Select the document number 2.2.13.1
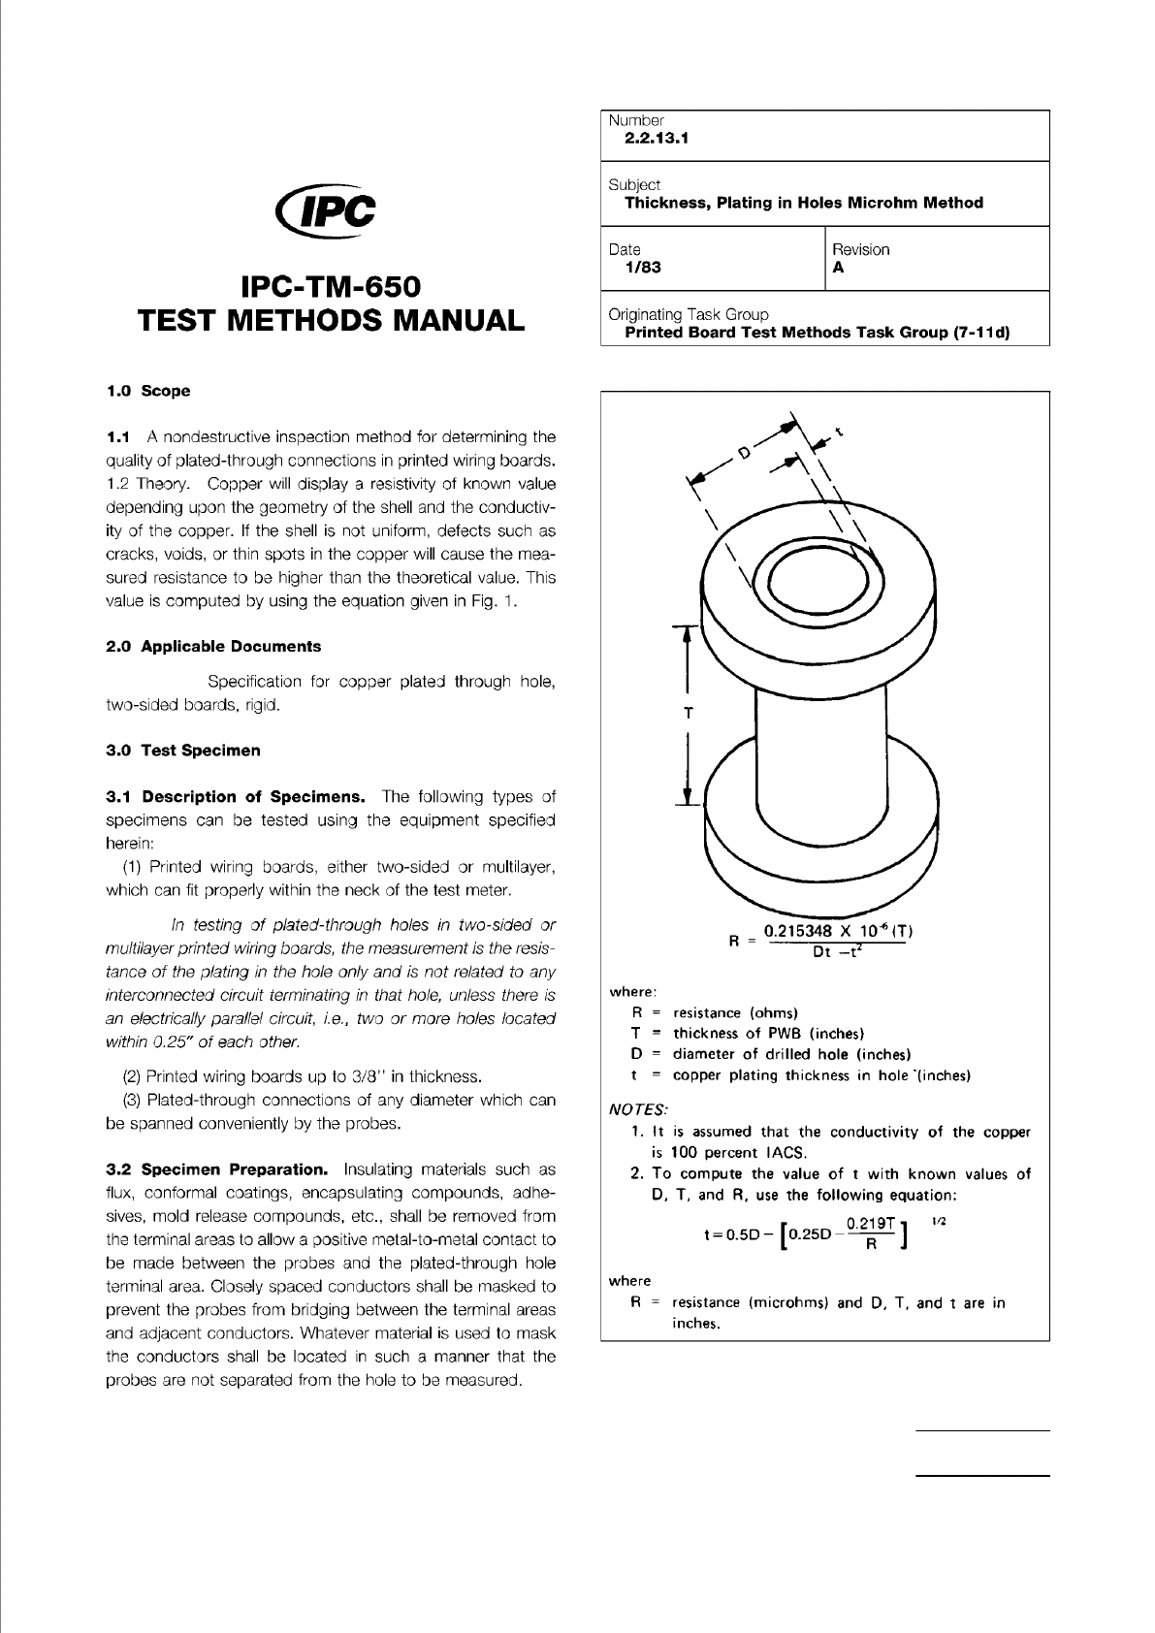[657, 138]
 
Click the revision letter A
[839, 268]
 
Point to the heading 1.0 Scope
[147, 391]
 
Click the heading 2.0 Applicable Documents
[213, 646]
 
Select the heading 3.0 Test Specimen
[182, 750]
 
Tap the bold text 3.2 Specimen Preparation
[216, 1169]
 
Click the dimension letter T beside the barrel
[688, 713]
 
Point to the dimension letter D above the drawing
[744, 453]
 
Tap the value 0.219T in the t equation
[870, 1224]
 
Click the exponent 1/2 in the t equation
[939, 1221]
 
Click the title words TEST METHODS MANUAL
[331, 321]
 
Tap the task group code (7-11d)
[976, 332]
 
